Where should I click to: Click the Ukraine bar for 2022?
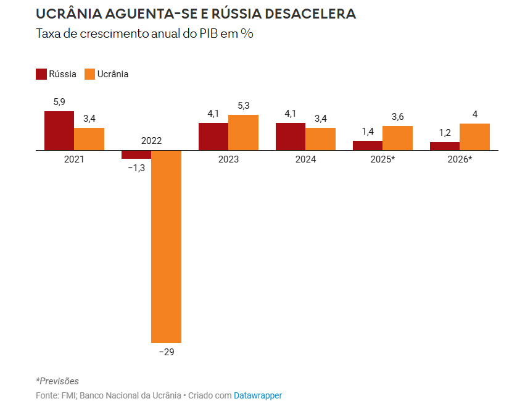click(166, 246)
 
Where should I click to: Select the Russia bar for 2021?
click(59, 130)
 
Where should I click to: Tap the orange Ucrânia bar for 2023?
click(243, 132)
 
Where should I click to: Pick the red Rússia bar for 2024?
click(290, 137)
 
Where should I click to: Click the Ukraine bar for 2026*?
click(474, 137)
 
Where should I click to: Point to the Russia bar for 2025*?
click(367, 145)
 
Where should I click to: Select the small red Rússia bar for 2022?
click(136, 154)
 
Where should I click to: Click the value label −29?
click(167, 352)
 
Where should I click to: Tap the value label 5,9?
click(59, 102)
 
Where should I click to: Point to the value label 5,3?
click(243, 106)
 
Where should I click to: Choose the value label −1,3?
click(136, 168)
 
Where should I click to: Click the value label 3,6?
click(397, 117)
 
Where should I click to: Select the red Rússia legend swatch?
click(41, 74)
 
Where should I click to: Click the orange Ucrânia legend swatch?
click(90, 74)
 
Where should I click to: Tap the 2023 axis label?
click(228, 159)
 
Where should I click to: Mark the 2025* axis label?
click(382, 159)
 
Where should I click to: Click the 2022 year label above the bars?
click(151, 141)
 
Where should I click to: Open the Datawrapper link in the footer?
click(257, 395)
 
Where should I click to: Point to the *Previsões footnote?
click(57, 381)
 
